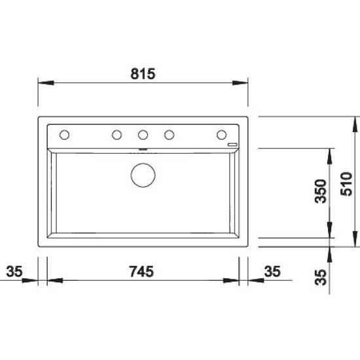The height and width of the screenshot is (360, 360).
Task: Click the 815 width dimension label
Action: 143,74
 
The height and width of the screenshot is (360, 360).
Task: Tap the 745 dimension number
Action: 141,272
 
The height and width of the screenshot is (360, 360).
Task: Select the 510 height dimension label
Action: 346,184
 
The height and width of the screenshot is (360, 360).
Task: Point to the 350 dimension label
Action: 321,191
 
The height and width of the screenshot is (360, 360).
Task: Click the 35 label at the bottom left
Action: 14,272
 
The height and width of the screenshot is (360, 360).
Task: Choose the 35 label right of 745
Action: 272,272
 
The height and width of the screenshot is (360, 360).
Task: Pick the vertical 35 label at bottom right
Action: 321,277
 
